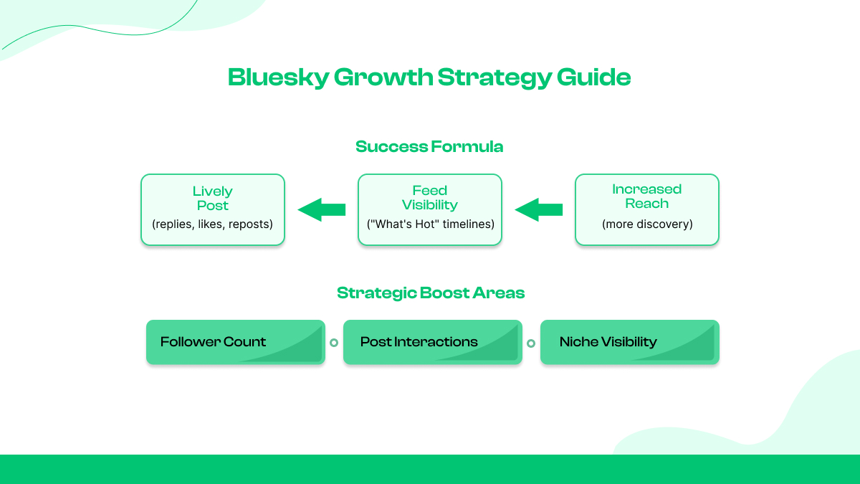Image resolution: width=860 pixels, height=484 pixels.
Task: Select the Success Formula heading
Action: [429, 147]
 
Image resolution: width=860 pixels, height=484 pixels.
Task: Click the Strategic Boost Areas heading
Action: [431, 293]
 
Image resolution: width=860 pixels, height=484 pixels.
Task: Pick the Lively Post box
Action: [213, 209]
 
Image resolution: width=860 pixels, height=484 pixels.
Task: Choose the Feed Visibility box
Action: [430, 209]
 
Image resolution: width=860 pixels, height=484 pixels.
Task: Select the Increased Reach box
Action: [646, 209]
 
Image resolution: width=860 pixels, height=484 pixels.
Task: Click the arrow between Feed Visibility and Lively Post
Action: [322, 210]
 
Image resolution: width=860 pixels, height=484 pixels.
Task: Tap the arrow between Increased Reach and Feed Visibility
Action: [539, 210]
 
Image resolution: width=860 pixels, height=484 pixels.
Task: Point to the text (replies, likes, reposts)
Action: [213, 224]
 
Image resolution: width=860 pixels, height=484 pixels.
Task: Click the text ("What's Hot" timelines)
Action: [430, 224]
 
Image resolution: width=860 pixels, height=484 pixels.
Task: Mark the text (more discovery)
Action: [646, 224]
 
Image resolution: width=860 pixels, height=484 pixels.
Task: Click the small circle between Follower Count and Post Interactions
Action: [334, 343]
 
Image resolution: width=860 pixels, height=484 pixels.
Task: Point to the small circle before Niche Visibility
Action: [531, 343]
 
